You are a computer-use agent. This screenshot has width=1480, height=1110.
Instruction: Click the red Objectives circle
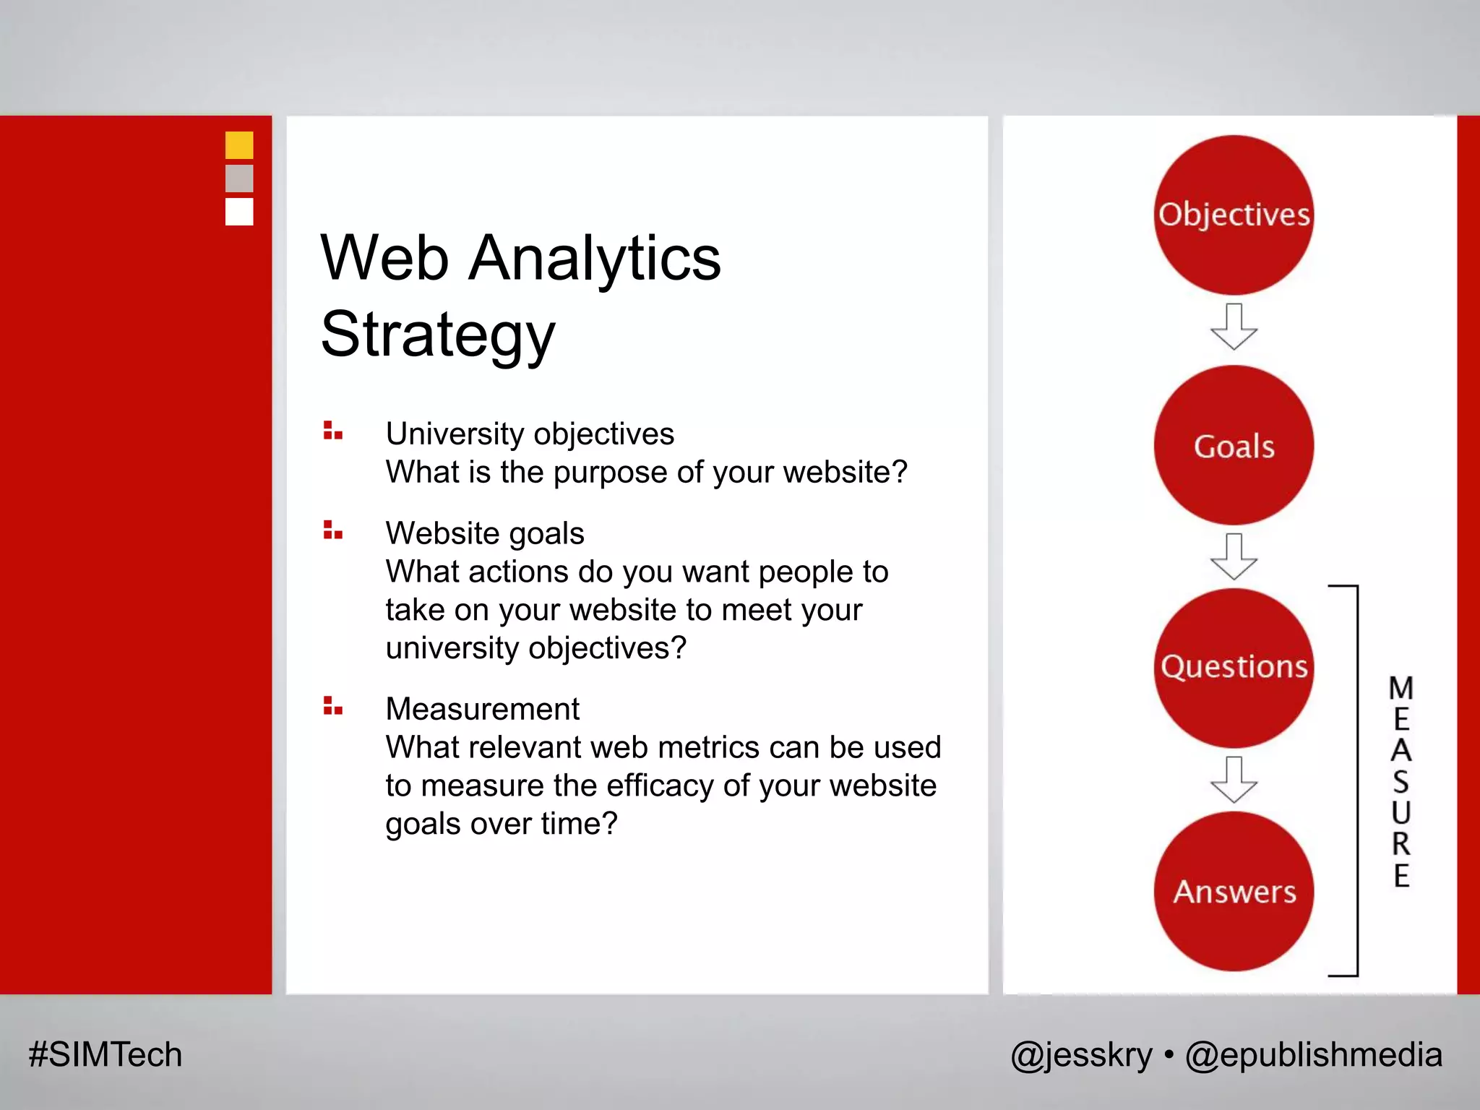(1234, 215)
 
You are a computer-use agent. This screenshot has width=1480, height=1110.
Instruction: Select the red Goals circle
(1234, 445)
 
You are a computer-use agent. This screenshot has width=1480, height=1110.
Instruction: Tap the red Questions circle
(1234, 667)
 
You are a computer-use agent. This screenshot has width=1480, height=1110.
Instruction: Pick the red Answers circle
(1234, 890)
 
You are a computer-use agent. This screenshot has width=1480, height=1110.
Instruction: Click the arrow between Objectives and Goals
(1234, 327)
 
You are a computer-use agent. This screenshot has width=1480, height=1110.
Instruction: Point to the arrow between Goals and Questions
(1234, 556)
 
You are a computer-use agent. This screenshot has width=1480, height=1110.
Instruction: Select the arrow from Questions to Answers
(1234, 780)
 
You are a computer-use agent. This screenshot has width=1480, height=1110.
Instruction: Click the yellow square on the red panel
(239, 145)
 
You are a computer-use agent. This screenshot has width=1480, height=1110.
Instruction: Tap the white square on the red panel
(239, 212)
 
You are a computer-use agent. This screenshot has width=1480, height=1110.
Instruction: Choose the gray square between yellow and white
(239, 178)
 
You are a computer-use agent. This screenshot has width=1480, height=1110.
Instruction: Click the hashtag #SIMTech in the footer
(106, 1054)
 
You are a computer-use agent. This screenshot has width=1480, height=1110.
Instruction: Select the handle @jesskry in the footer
(1081, 1055)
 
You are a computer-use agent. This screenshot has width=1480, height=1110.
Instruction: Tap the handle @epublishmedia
(1313, 1055)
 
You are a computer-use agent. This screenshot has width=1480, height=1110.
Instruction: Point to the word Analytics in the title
(594, 259)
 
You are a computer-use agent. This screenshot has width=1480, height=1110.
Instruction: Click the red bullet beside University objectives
(332, 431)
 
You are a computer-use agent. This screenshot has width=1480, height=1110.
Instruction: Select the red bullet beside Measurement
(332, 706)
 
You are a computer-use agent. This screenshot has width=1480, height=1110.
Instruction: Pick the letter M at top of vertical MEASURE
(1401, 688)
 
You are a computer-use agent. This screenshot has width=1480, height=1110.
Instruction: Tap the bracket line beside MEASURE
(1357, 780)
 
